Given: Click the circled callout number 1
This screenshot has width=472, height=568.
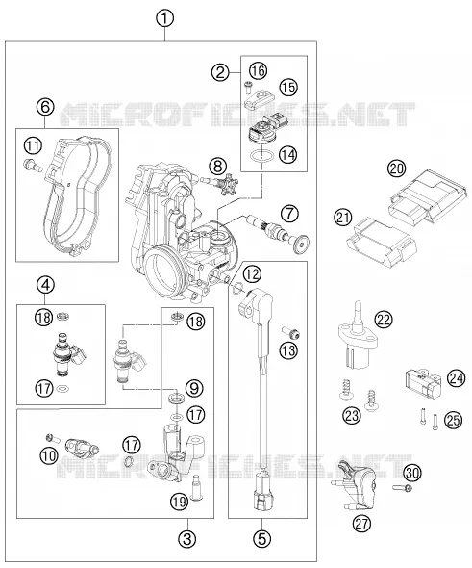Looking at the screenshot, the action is click(165, 18).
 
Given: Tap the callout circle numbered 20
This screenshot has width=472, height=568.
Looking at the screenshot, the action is click(397, 168).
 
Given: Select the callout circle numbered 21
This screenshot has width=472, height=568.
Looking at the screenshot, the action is click(342, 219).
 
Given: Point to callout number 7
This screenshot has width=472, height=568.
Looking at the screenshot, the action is click(290, 214).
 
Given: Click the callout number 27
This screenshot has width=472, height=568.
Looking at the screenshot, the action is click(361, 524).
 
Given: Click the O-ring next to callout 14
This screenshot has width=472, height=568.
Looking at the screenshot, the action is click(261, 156).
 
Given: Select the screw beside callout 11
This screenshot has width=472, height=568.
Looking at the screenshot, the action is click(33, 166).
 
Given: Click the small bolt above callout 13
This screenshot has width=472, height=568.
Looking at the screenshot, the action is click(291, 331).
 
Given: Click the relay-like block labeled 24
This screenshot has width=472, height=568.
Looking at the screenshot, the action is click(422, 383).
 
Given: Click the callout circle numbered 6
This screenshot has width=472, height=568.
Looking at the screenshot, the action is click(45, 107).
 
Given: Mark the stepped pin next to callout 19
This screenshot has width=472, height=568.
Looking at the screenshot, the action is click(196, 487).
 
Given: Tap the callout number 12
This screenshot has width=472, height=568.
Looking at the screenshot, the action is click(252, 274).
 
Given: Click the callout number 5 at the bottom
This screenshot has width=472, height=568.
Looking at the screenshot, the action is click(262, 538).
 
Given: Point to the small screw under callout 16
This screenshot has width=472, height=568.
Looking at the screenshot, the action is click(248, 86).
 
